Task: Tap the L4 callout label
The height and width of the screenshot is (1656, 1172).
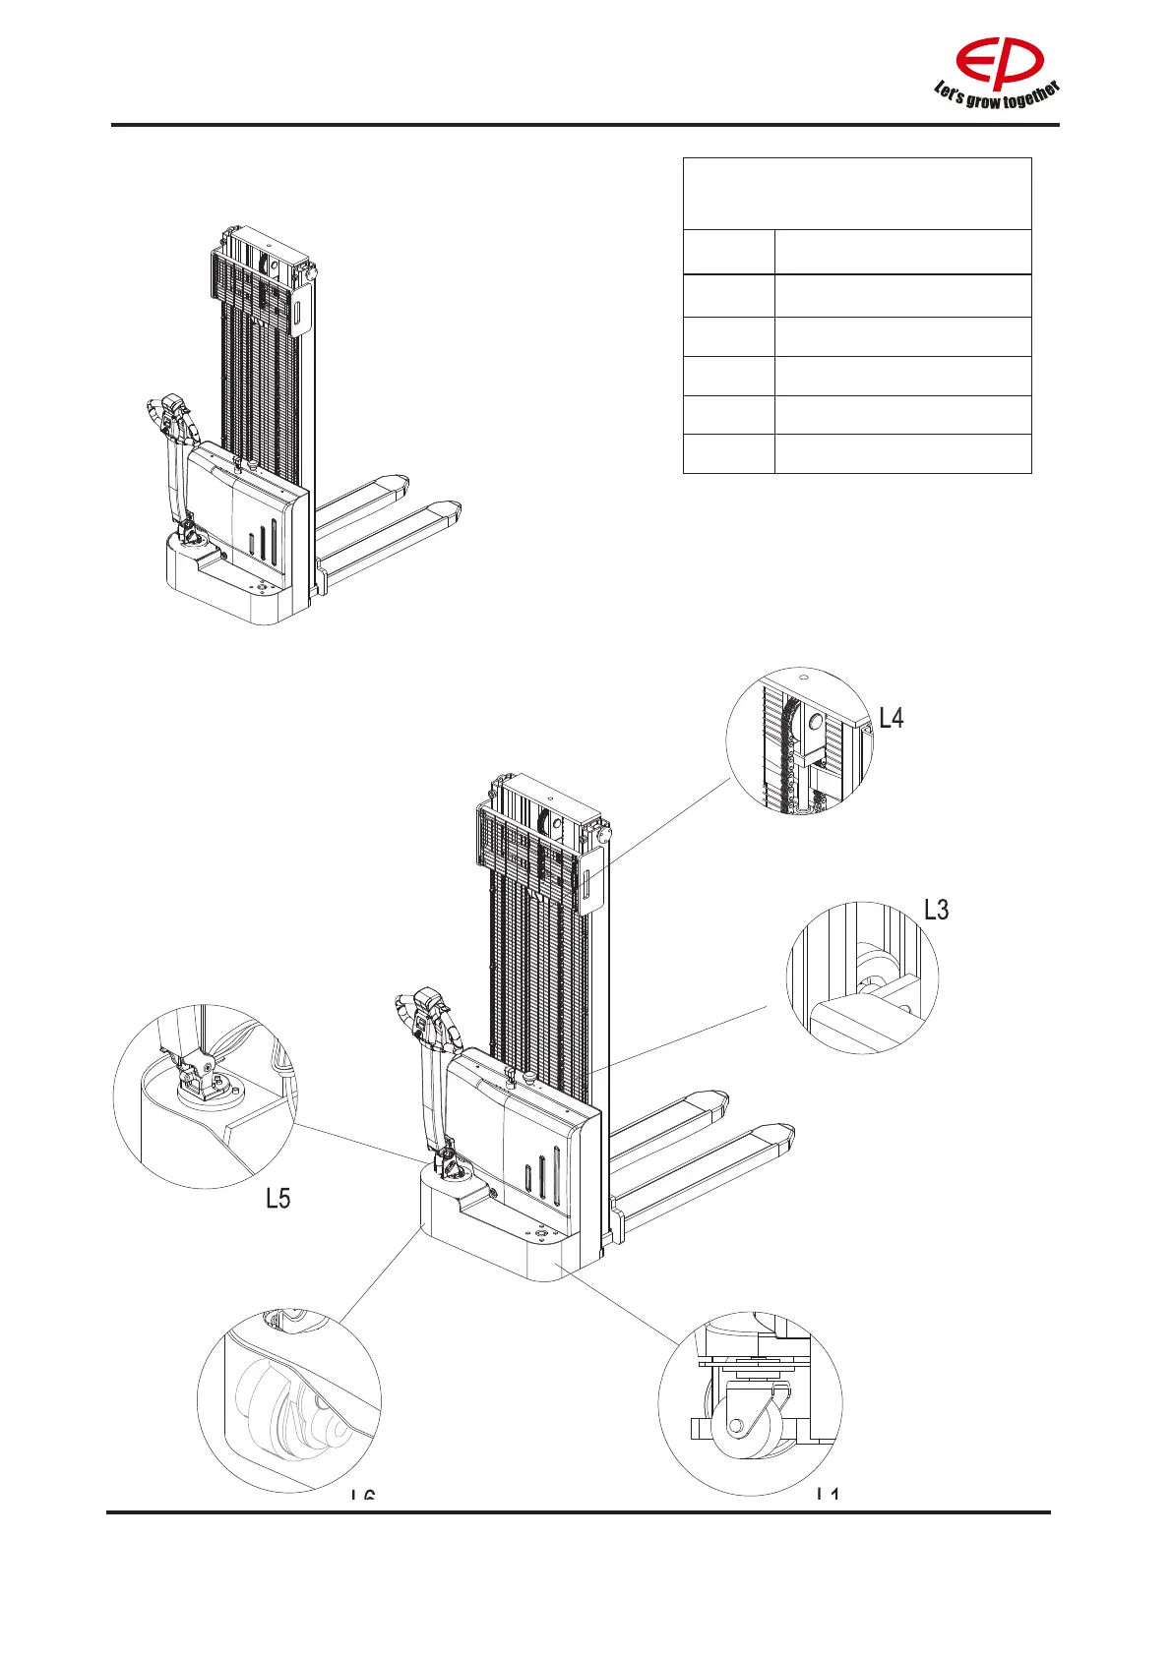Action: (892, 719)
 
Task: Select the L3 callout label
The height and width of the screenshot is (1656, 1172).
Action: (937, 910)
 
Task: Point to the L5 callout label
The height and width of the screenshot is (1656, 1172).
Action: (278, 1198)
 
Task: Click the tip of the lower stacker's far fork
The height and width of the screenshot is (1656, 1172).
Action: (713, 1099)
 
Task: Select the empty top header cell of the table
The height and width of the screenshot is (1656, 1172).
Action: (857, 194)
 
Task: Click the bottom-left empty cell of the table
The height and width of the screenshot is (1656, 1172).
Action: (728, 454)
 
